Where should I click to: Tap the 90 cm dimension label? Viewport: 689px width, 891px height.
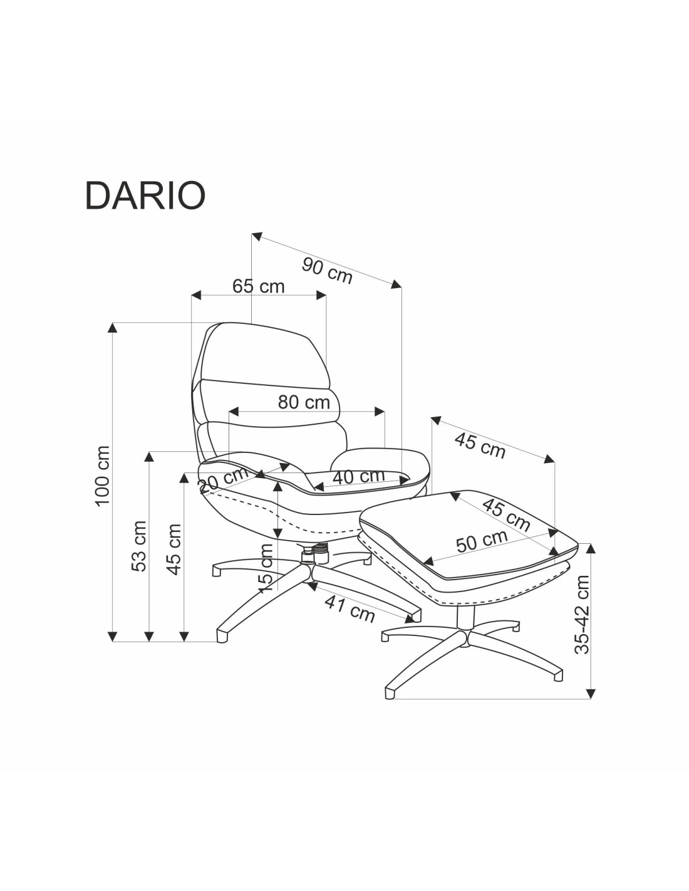click(327, 270)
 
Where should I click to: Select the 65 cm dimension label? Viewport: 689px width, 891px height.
click(258, 286)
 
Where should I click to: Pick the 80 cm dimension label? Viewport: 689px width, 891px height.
click(304, 402)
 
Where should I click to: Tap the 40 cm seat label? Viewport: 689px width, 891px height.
click(358, 477)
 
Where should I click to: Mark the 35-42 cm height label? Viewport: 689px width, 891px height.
click(583, 614)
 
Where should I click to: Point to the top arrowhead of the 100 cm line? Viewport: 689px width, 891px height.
click(113, 328)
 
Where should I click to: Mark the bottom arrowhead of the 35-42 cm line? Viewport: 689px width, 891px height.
click(591, 693)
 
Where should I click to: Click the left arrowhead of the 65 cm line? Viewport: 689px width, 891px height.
click(196, 294)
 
